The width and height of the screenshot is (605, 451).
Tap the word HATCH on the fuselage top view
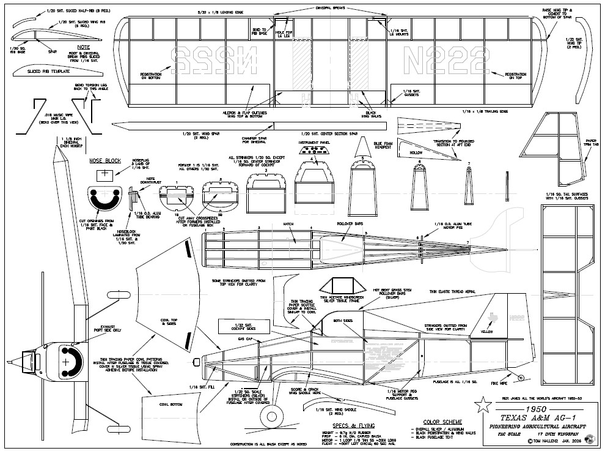click(x=288, y=224)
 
